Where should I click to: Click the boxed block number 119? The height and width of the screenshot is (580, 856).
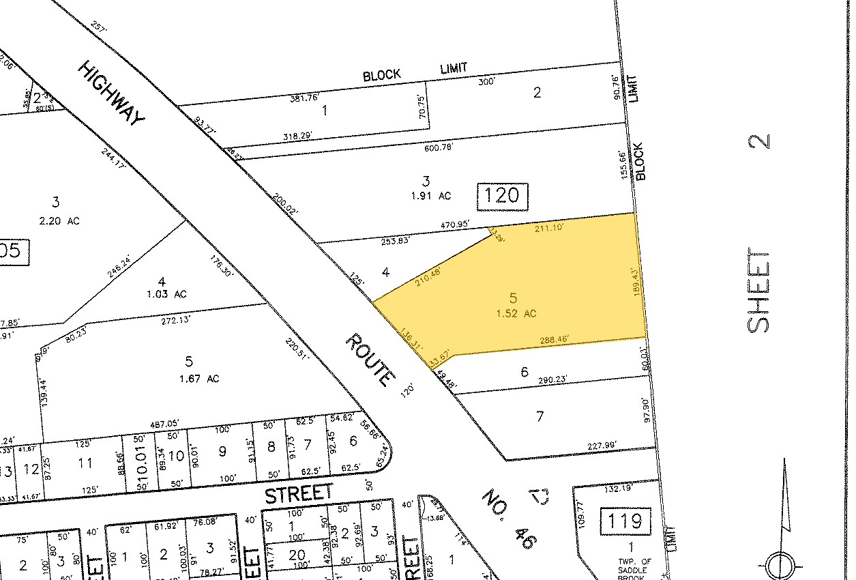coord(625,521)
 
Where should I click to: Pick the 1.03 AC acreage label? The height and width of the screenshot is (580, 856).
coord(162,294)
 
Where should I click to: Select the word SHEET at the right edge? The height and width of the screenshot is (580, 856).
coord(759,291)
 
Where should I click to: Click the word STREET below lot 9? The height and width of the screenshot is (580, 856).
coord(299,494)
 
